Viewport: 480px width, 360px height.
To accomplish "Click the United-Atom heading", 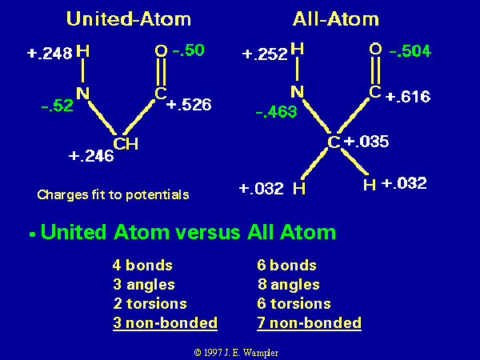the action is pyautogui.click(x=129, y=18).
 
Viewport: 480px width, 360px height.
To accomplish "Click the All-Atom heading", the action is pyautogui.click(x=336, y=19).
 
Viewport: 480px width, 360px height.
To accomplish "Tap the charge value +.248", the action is pyautogui.click(x=50, y=54).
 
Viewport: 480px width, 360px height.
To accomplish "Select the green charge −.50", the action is pyautogui.click(x=188, y=50).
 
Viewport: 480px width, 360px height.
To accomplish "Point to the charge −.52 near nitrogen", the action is pyautogui.click(x=58, y=106).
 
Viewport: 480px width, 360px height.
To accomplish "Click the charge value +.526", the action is pyautogui.click(x=189, y=105).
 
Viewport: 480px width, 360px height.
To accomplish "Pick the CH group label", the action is pyautogui.click(x=126, y=143).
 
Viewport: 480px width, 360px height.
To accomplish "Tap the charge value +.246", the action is pyautogui.click(x=91, y=156).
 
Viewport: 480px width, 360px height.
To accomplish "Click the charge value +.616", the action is pyautogui.click(x=408, y=97).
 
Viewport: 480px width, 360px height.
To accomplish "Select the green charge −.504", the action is pyautogui.click(x=410, y=51).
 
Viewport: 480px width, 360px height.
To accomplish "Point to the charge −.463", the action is pyautogui.click(x=276, y=112).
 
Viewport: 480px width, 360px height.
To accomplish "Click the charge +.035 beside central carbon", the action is pyautogui.click(x=366, y=142).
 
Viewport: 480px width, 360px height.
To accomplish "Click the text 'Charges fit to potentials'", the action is pyautogui.click(x=113, y=195).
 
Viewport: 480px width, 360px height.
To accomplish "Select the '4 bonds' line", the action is pyautogui.click(x=142, y=265).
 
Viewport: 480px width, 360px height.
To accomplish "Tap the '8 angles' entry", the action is pyautogui.click(x=288, y=284).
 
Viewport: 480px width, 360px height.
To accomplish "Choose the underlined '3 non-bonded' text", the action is pyautogui.click(x=165, y=323).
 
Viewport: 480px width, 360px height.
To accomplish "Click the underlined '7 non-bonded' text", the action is pyautogui.click(x=309, y=323).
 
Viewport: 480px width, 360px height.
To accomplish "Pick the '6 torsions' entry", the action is pyautogui.click(x=294, y=304).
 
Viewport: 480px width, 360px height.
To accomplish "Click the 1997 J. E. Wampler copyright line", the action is pyautogui.click(x=236, y=353).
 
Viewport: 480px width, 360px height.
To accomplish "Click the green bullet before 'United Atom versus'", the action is pyautogui.click(x=33, y=234).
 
